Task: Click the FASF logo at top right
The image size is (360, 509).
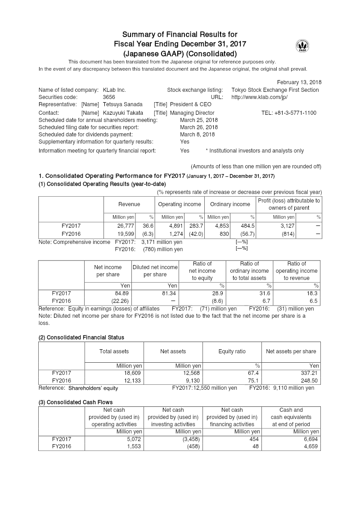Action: [x=302, y=46]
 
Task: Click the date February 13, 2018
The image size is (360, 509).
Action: [x=299, y=82]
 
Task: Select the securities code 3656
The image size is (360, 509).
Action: [x=109, y=97]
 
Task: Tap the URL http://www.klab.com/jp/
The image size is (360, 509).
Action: [x=259, y=97]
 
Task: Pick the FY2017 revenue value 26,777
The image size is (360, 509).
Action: [x=126, y=226]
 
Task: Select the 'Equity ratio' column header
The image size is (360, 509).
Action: [x=232, y=351]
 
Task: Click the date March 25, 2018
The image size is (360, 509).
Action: [x=198, y=120]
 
